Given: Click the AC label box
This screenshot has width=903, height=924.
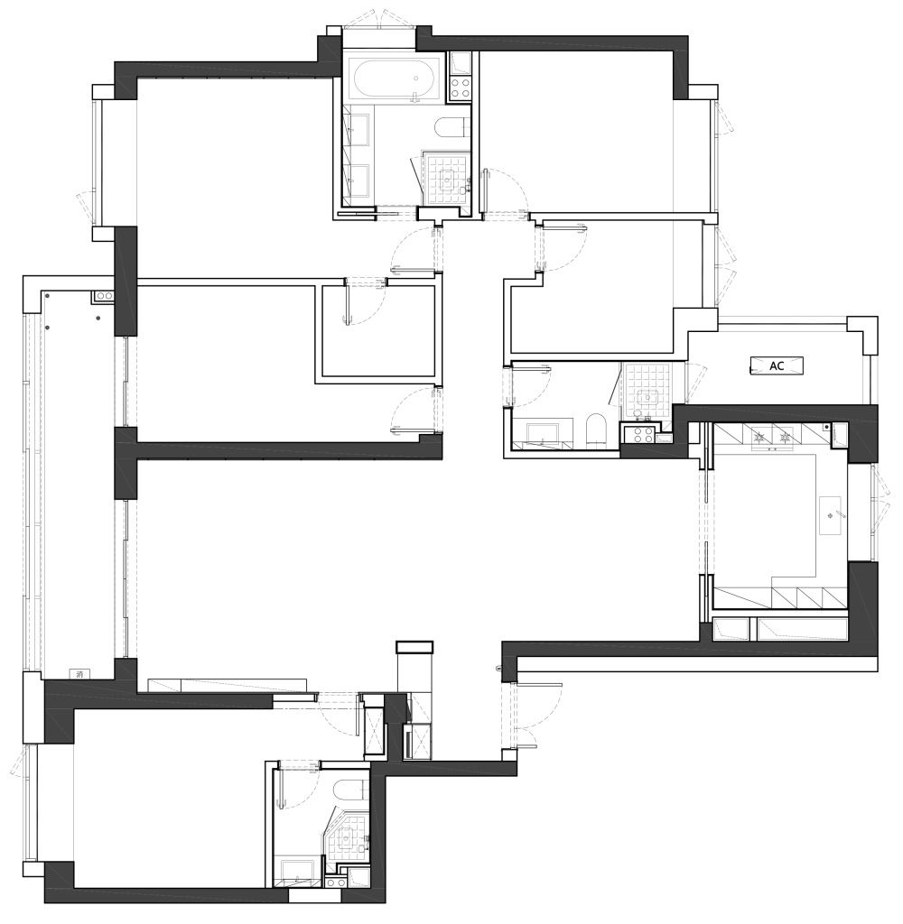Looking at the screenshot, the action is pos(777,365).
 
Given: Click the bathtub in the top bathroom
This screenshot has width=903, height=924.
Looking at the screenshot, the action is pos(396,79).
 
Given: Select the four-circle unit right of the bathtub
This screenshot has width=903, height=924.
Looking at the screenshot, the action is pos(460,88).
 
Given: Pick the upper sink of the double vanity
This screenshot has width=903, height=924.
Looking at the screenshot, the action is pos(357,129).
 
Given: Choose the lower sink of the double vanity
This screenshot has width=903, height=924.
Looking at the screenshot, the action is pos(357,180).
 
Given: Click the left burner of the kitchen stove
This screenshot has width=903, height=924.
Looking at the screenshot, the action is pos(759,437).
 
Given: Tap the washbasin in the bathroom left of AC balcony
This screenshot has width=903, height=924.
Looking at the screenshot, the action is pos(544,433).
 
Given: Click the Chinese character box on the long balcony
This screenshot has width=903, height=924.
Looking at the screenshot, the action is pos(79,673).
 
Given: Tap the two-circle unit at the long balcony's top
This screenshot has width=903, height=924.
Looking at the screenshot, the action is pos(104,296).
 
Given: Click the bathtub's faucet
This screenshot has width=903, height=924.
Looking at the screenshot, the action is pos(416,97).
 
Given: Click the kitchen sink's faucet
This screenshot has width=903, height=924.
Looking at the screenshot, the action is pos(839,515).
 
